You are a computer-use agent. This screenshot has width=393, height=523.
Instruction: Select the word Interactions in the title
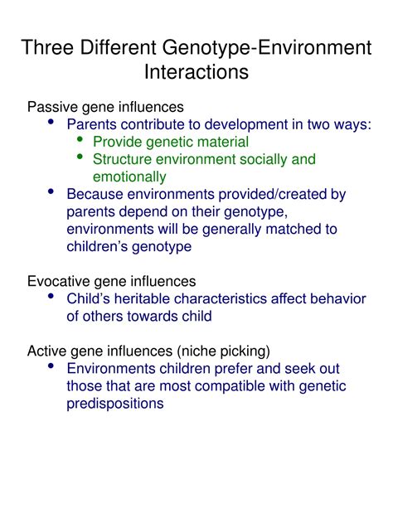[x=196, y=72]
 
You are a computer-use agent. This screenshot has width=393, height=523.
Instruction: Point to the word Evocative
[x=61, y=282]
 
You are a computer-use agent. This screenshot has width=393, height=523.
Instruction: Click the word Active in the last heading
[x=48, y=351]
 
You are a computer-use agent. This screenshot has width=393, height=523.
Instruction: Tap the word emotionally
[x=129, y=177]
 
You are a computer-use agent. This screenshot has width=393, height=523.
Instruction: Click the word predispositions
[x=115, y=404]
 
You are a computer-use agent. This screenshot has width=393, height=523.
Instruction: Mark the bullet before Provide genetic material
[x=80, y=139]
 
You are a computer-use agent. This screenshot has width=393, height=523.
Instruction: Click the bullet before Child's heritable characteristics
[x=53, y=297]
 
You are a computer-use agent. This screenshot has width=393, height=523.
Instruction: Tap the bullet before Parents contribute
[x=53, y=122]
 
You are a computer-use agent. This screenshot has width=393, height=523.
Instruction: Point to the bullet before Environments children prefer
[x=53, y=366]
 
